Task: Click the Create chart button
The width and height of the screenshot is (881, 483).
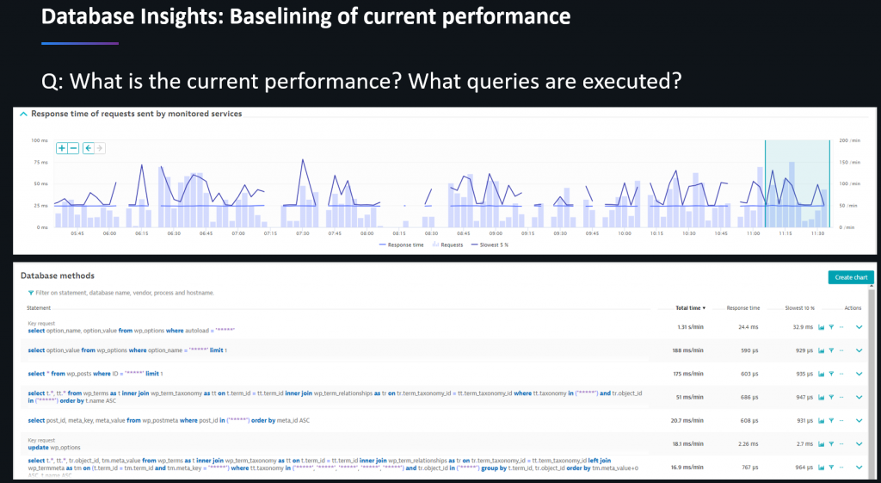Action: coord(851,277)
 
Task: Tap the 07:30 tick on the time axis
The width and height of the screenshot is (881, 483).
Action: coord(302,233)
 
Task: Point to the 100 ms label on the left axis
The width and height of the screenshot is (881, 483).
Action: coord(40,140)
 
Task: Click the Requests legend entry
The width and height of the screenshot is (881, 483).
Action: coord(448,245)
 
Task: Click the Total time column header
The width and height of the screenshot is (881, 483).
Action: coord(690,307)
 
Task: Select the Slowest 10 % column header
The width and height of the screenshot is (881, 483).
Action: coord(799,307)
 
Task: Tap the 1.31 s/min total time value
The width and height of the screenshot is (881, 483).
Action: coord(690,327)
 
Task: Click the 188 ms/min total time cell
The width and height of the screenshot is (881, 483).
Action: coord(687,350)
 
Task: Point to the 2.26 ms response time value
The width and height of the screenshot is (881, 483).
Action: coord(748,443)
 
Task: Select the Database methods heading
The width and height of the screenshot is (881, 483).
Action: coord(58,276)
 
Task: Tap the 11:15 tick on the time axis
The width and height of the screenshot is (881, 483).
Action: coord(785,233)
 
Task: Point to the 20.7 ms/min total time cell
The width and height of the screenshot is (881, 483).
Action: coord(687,420)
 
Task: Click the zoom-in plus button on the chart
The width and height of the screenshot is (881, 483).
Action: coord(62,148)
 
